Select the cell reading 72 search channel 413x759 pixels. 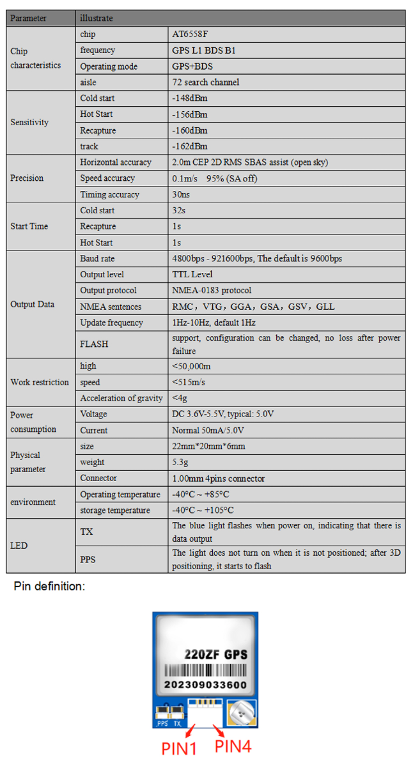pos(205,82)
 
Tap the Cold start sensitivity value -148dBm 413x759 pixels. pos(190,98)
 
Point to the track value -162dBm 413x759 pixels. pos(190,146)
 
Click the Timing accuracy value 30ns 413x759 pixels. pos(181,195)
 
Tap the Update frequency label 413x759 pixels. pos(111,323)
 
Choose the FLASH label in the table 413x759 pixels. pos(94,344)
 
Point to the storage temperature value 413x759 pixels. pos(200,510)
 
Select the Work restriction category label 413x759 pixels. pos(40,382)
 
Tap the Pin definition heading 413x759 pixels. pos(49,586)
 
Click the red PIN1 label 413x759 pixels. pos(179,747)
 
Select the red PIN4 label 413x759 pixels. pos(233,745)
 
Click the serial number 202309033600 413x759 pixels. pos(205,684)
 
